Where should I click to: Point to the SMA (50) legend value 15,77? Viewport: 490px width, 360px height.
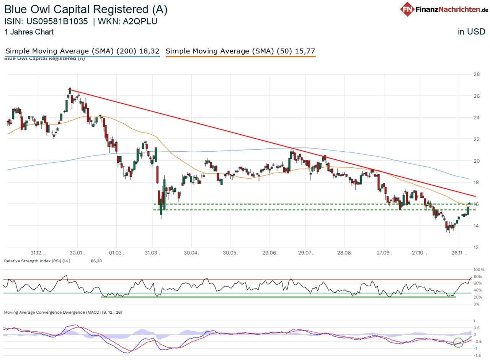305,51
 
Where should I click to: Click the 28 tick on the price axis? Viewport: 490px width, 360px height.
477,74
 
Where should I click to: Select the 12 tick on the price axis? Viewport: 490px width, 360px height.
477,247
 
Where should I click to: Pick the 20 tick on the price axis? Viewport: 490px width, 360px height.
477,161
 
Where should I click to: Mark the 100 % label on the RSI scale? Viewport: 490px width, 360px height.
479,270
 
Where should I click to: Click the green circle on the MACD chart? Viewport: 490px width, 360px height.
458,342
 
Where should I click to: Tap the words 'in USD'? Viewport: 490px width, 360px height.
472,32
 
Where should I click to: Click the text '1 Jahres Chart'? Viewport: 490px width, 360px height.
29,32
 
